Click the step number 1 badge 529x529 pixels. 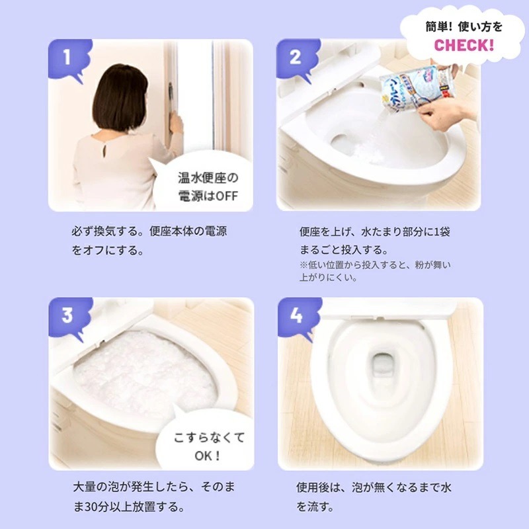click(x=67, y=58)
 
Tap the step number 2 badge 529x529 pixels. click(x=295, y=58)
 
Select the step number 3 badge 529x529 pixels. click(x=67, y=315)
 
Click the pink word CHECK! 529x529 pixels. click(x=464, y=45)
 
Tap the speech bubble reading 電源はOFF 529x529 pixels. click(x=206, y=186)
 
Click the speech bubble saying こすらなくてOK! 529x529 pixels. click(x=208, y=446)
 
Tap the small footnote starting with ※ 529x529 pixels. click(x=374, y=271)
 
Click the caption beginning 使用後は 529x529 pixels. click(x=374, y=497)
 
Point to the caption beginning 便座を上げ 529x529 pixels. click(x=374, y=241)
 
